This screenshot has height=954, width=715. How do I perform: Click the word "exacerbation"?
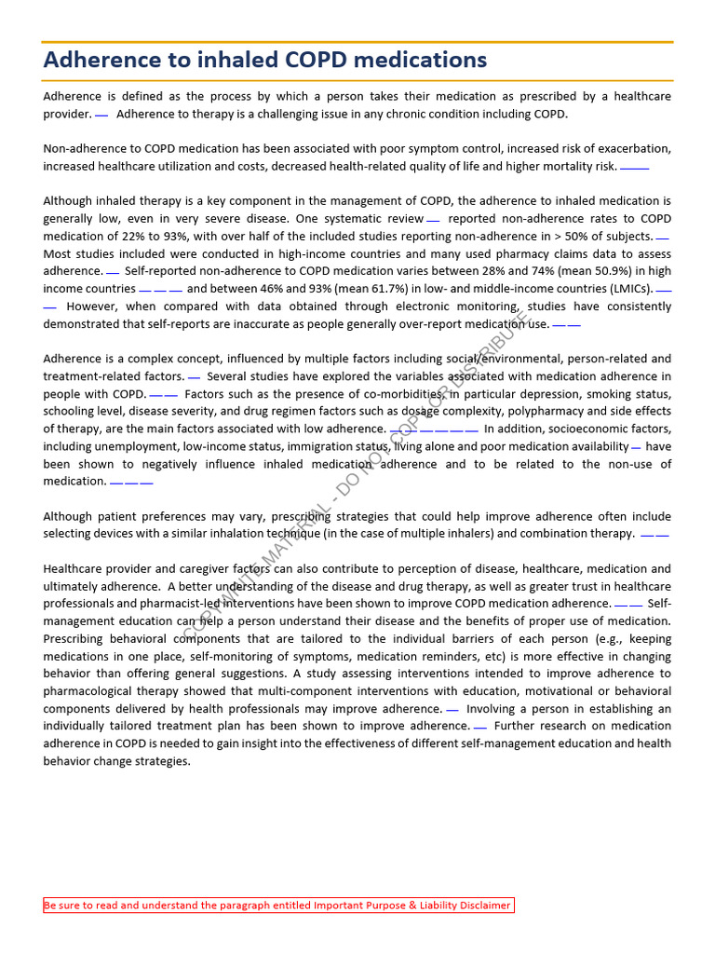(635, 149)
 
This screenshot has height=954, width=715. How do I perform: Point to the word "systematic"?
(356, 219)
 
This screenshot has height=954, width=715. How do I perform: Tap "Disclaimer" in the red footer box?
(480, 906)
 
